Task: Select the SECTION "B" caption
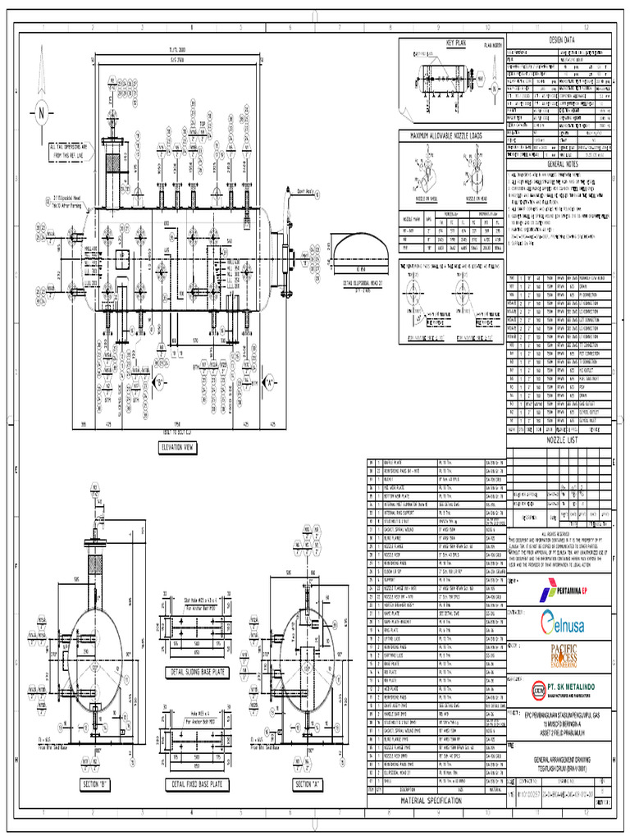(103, 785)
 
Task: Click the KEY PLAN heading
(453, 42)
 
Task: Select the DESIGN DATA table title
(559, 40)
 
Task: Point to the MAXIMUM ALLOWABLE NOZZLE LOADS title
(452, 135)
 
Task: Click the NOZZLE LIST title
(559, 440)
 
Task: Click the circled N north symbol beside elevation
(41, 114)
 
